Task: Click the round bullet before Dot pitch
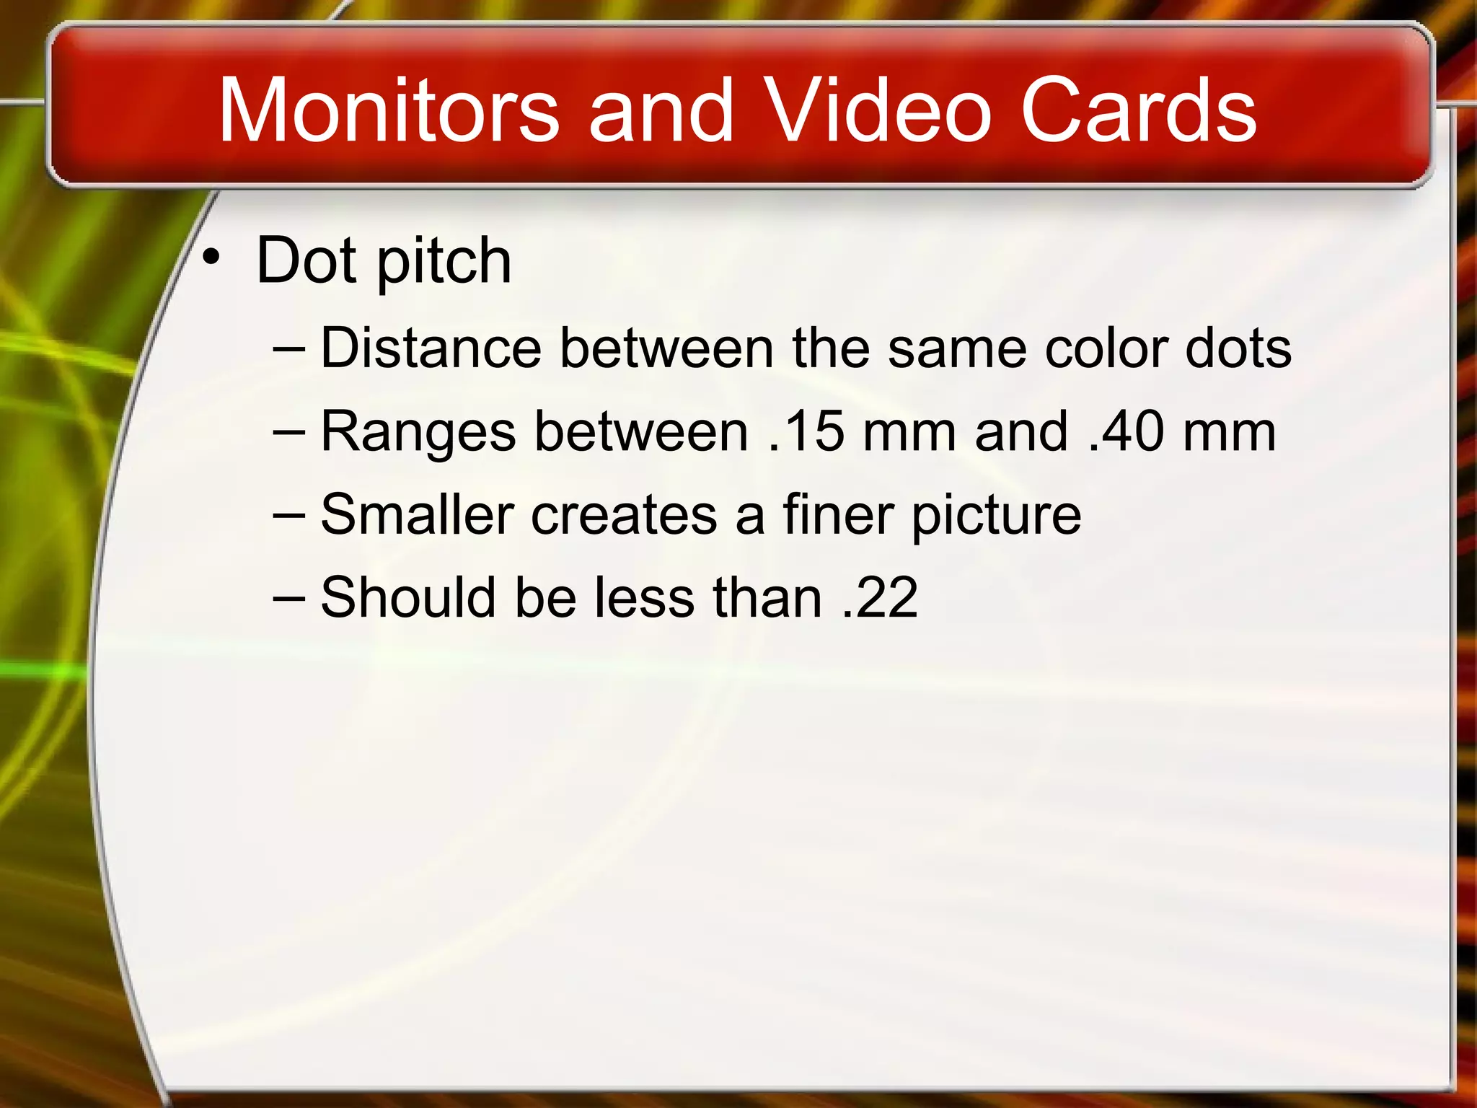point(211,258)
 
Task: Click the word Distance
point(431,348)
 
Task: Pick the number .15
point(806,431)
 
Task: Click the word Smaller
point(417,514)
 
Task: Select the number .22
point(880,597)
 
